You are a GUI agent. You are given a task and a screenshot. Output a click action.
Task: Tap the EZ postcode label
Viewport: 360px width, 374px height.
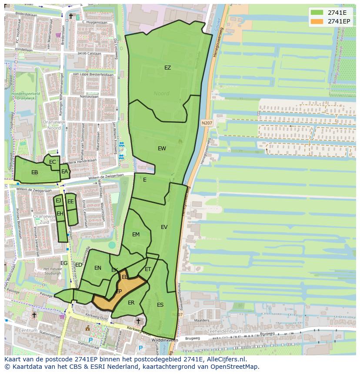pos(167,68)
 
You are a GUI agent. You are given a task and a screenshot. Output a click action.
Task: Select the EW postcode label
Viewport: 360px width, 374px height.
pos(162,149)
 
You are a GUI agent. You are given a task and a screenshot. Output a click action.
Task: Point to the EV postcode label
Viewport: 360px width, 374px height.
pos(164,227)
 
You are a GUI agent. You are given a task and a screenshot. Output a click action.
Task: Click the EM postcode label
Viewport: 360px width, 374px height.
pos(136,235)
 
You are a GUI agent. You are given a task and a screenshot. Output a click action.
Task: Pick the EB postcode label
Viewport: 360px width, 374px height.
pos(35,172)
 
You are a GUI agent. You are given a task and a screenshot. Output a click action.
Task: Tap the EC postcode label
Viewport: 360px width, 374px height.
pos(53,162)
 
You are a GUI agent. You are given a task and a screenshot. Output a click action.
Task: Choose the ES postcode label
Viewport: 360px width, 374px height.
pos(160,305)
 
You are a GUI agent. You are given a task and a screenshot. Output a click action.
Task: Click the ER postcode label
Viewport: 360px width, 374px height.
pos(131,303)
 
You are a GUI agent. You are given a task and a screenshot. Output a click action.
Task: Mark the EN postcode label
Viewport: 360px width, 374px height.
pos(98,268)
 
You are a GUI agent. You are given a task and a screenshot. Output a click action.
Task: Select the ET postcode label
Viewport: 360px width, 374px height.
pos(148,270)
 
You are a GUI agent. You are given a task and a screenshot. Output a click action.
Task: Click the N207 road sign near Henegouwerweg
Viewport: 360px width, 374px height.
pos(207,123)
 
